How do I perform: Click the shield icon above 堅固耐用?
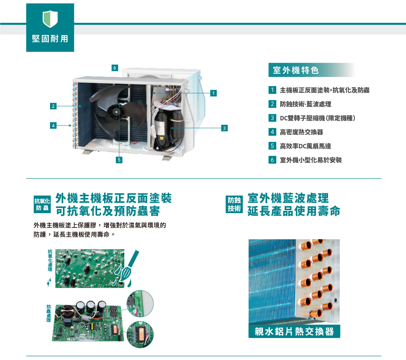50,19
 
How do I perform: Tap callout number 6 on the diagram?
115,68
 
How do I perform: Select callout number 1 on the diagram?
213,93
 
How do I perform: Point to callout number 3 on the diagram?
224,128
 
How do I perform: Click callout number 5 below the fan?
119,160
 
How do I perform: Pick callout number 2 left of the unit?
53,106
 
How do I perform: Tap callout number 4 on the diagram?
53,126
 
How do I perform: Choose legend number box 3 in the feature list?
272,118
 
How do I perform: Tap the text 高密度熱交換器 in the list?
302,132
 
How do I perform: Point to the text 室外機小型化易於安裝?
311,160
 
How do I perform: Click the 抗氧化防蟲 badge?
42,205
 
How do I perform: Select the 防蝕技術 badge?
234,204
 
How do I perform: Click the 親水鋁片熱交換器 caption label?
294,331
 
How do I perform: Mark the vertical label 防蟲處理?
49,313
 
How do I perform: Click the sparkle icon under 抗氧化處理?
49,282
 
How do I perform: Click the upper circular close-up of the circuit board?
140,304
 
